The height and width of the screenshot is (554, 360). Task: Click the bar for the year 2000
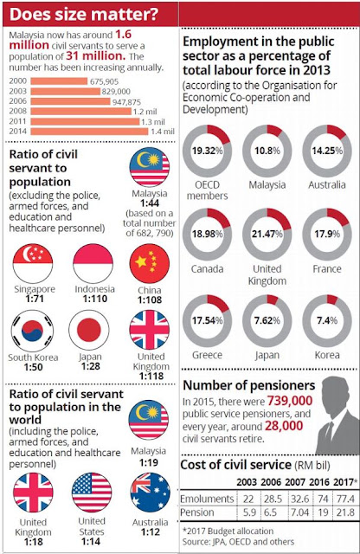tap(59, 81)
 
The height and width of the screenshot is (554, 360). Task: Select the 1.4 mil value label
tap(163, 132)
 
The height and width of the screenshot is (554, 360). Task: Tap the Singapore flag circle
tap(33, 263)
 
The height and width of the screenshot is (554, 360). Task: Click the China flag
tap(150, 263)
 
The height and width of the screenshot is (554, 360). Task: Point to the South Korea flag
tap(33, 331)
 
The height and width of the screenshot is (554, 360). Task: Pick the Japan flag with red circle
tap(89, 330)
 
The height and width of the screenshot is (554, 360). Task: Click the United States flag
tap(92, 493)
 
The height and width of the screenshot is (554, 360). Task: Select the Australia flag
tap(151, 493)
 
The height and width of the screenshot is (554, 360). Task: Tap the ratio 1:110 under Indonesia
tap(94, 299)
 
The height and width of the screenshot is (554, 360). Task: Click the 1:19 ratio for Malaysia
tap(148, 462)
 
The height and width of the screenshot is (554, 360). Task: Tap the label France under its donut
tap(327, 269)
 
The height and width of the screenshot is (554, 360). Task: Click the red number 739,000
tap(290, 401)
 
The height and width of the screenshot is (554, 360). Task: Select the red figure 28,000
tap(284, 425)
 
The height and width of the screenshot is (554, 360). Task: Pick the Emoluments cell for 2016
tap(323, 499)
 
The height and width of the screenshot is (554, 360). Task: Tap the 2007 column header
tap(294, 482)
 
